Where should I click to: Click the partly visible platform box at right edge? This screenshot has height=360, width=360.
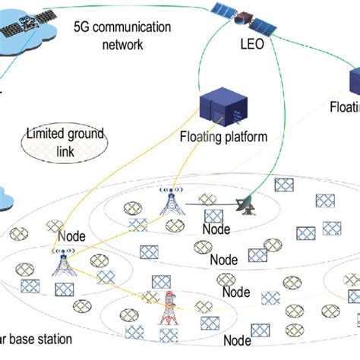pyautogui.click(x=354, y=82)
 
